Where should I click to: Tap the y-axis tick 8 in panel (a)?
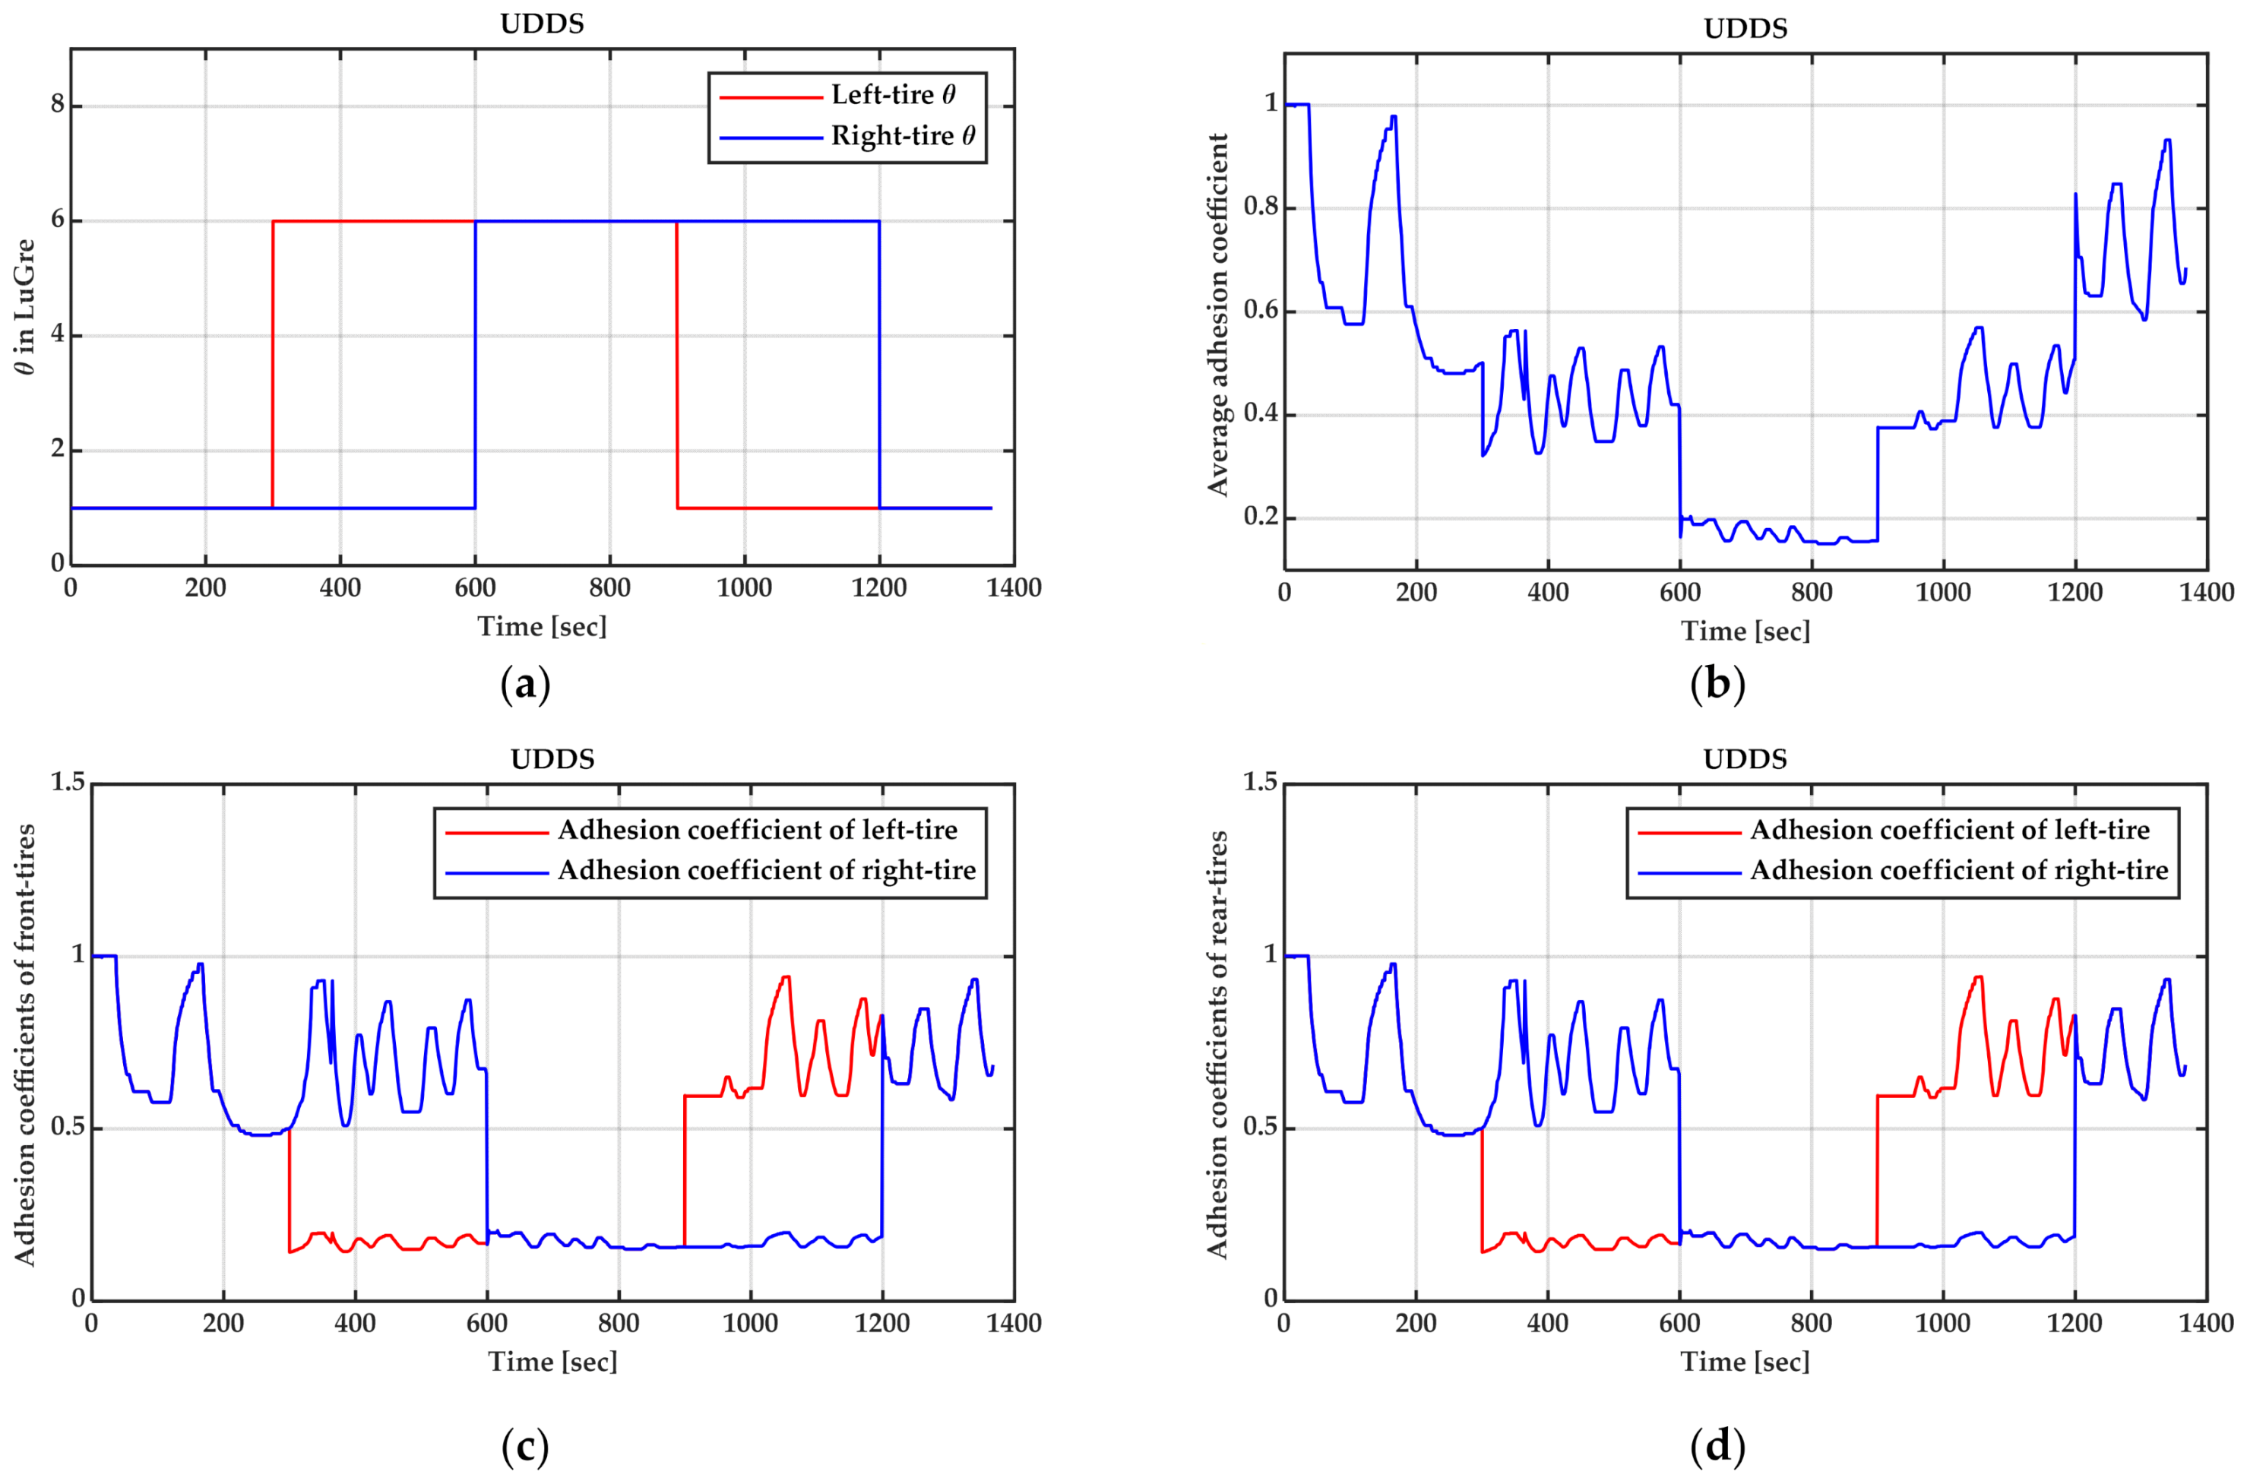pyautogui.click(x=58, y=104)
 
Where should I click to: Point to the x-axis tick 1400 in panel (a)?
pyautogui.click(x=1014, y=588)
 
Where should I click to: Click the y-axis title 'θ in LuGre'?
pyautogui.click(x=26, y=306)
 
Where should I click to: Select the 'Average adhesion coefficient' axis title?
pyautogui.click(x=1218, y=315)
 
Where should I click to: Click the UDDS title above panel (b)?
pyautogui.click(x=1745, y=28)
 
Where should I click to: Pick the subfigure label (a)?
pyautogui.click(x=525, y=684)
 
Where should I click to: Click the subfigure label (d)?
pyautogui.click(x=1717, y=1446)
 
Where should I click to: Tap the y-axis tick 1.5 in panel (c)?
pyautogui.click(x=67, y=782)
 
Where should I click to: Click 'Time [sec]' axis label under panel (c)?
pyautogui.click(x=552, y=1362)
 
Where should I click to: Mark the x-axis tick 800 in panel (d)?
pyautogui.click(x=1811, y=1323)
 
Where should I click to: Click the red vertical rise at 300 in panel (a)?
pyautogui.click(x=273, y=364)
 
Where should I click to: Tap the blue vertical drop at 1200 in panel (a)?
pyautogui.click(x=879, y=364)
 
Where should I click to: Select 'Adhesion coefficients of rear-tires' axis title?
pyautogui.click(x=1218, y=1043)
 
